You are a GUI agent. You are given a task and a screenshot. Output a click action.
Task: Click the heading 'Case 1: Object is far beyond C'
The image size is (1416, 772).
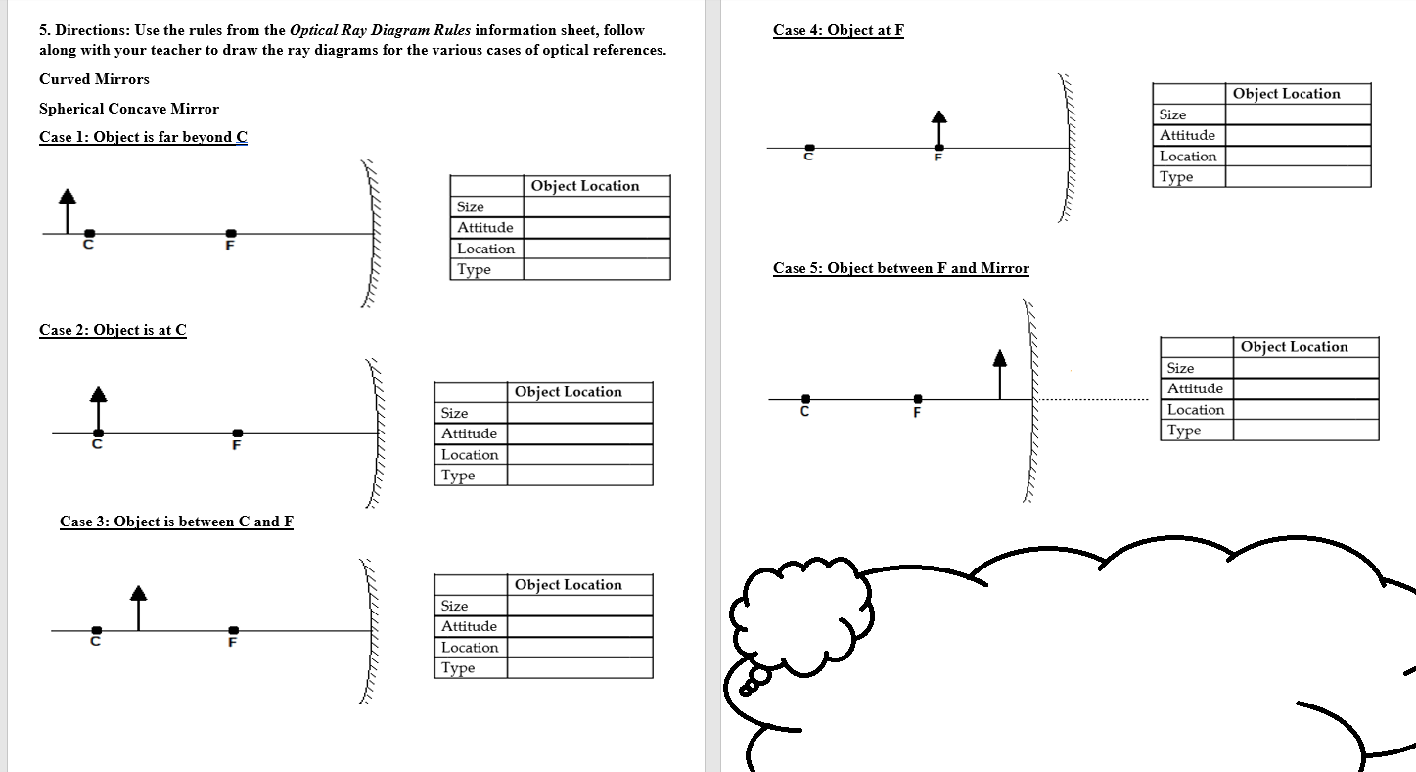(143, 137)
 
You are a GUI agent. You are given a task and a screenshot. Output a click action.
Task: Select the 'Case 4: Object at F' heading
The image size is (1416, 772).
(838, 30)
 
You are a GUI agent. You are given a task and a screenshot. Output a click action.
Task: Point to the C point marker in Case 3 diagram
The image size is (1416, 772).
(96, 630)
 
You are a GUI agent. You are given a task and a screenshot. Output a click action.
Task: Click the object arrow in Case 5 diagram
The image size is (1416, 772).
(999, 374)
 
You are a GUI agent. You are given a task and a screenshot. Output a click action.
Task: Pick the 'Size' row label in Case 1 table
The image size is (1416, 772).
(471, 206)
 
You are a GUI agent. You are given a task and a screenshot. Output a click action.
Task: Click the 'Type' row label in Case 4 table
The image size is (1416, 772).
(1176, 177)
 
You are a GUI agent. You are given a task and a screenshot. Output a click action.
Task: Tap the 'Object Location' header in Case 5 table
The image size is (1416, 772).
(1294, 347)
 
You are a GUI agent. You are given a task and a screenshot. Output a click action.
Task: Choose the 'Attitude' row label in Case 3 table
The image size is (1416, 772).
(469, 626)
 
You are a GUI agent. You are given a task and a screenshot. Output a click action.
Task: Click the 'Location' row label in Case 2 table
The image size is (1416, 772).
(470, 455)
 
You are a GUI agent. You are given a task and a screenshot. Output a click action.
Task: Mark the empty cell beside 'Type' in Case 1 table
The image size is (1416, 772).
(596, 270)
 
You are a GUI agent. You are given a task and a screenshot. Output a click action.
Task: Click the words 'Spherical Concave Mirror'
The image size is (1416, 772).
(129, 109)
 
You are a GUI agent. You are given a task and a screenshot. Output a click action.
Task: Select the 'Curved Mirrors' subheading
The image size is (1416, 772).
(94, 79)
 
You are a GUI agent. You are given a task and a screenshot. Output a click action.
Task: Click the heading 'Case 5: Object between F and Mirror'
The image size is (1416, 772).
(900, 268)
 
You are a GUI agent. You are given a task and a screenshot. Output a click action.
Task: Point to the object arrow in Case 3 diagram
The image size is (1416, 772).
(138, 608)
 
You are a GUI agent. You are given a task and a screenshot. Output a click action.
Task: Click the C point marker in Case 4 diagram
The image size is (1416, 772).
(807, 149)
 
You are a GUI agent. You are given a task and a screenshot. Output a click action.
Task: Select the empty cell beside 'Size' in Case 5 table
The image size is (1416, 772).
(1304, 368)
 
